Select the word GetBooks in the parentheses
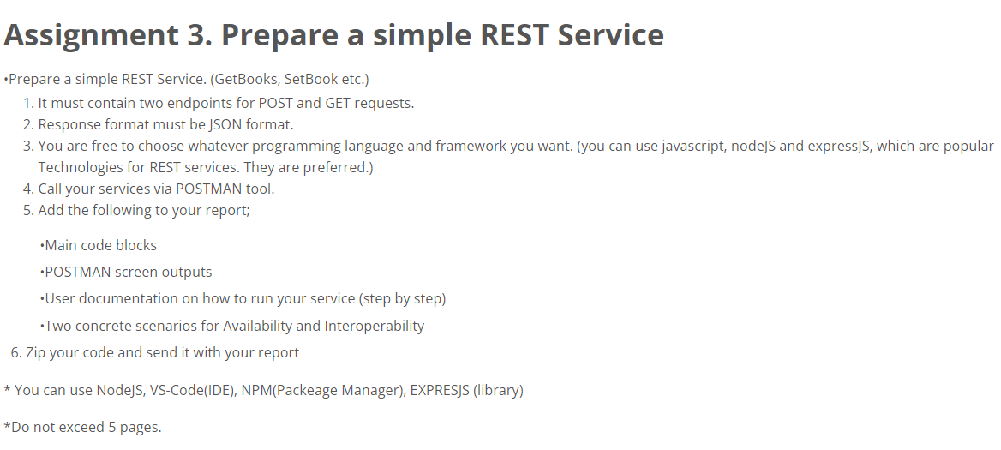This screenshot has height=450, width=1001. (x=246, y=80)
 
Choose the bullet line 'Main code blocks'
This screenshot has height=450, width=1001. (x=99, y=245)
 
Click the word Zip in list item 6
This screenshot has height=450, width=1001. (x=37, y=352)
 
